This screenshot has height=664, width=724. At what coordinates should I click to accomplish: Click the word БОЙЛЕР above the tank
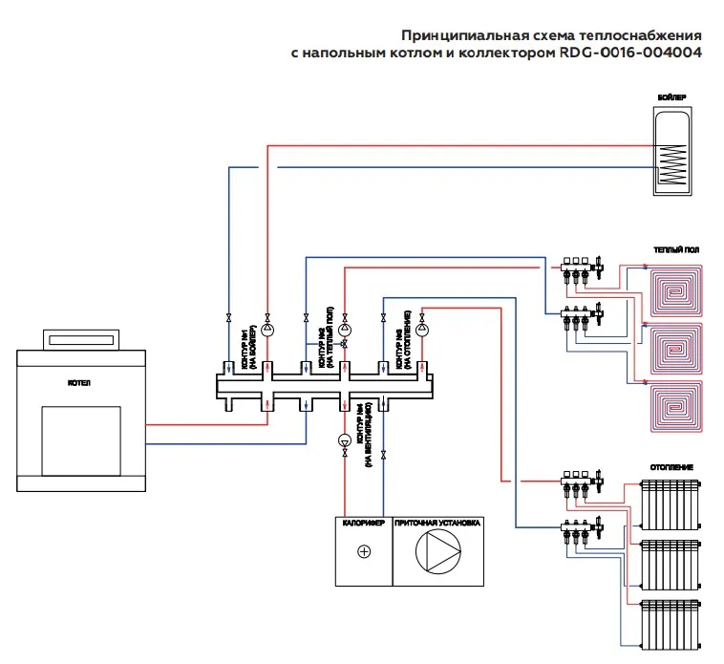[x=673, y=97]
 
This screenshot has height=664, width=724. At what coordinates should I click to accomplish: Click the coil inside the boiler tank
[x=673, y=164]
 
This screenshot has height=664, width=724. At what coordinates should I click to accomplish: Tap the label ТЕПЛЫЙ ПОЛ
[x=676, y=249]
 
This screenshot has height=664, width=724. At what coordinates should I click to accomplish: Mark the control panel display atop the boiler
[x=82, y=338]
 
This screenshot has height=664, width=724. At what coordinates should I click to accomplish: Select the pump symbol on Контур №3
[x=421, y=330]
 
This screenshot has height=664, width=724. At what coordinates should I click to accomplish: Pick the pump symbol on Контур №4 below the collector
[x=344, y=440]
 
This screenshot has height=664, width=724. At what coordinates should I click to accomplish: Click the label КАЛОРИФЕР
[x=363, y=524]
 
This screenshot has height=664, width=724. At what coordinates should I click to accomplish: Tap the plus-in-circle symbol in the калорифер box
[x=363, y=552]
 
